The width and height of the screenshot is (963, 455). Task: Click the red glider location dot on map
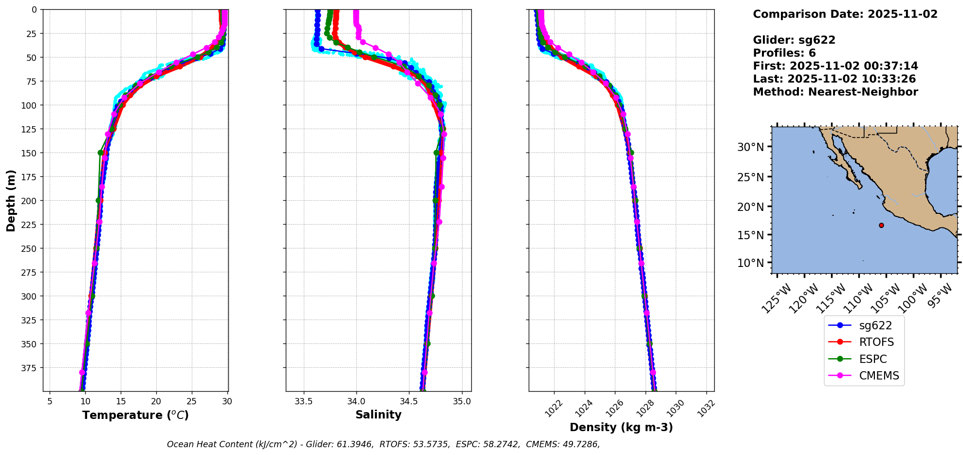click(x=881, y=225)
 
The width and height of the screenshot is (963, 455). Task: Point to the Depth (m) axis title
click(x=11, y=200)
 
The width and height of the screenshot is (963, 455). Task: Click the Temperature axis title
click(x=135, y=415)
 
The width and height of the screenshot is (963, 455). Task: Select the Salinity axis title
click(x=378, y=415)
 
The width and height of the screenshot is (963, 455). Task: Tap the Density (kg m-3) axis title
click(x=621, y=427)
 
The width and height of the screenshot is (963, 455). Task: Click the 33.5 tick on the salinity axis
click(x=304, y=401)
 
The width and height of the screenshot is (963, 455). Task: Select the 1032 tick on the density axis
click(x=706, y=408)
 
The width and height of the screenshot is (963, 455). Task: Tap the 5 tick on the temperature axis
click(x=50, y=401)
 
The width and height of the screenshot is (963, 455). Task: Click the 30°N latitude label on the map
click(x=750, y=147)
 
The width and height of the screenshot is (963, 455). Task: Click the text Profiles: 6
click(x=784, y=53)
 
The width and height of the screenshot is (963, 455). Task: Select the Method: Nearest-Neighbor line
click(x=835, y=92)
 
